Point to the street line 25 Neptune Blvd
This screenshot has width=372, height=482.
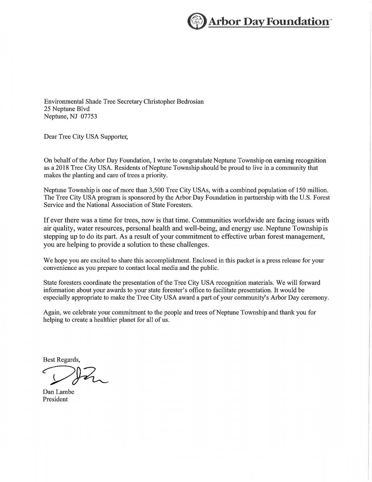(67, 109)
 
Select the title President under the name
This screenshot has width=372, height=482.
(55, 399)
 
